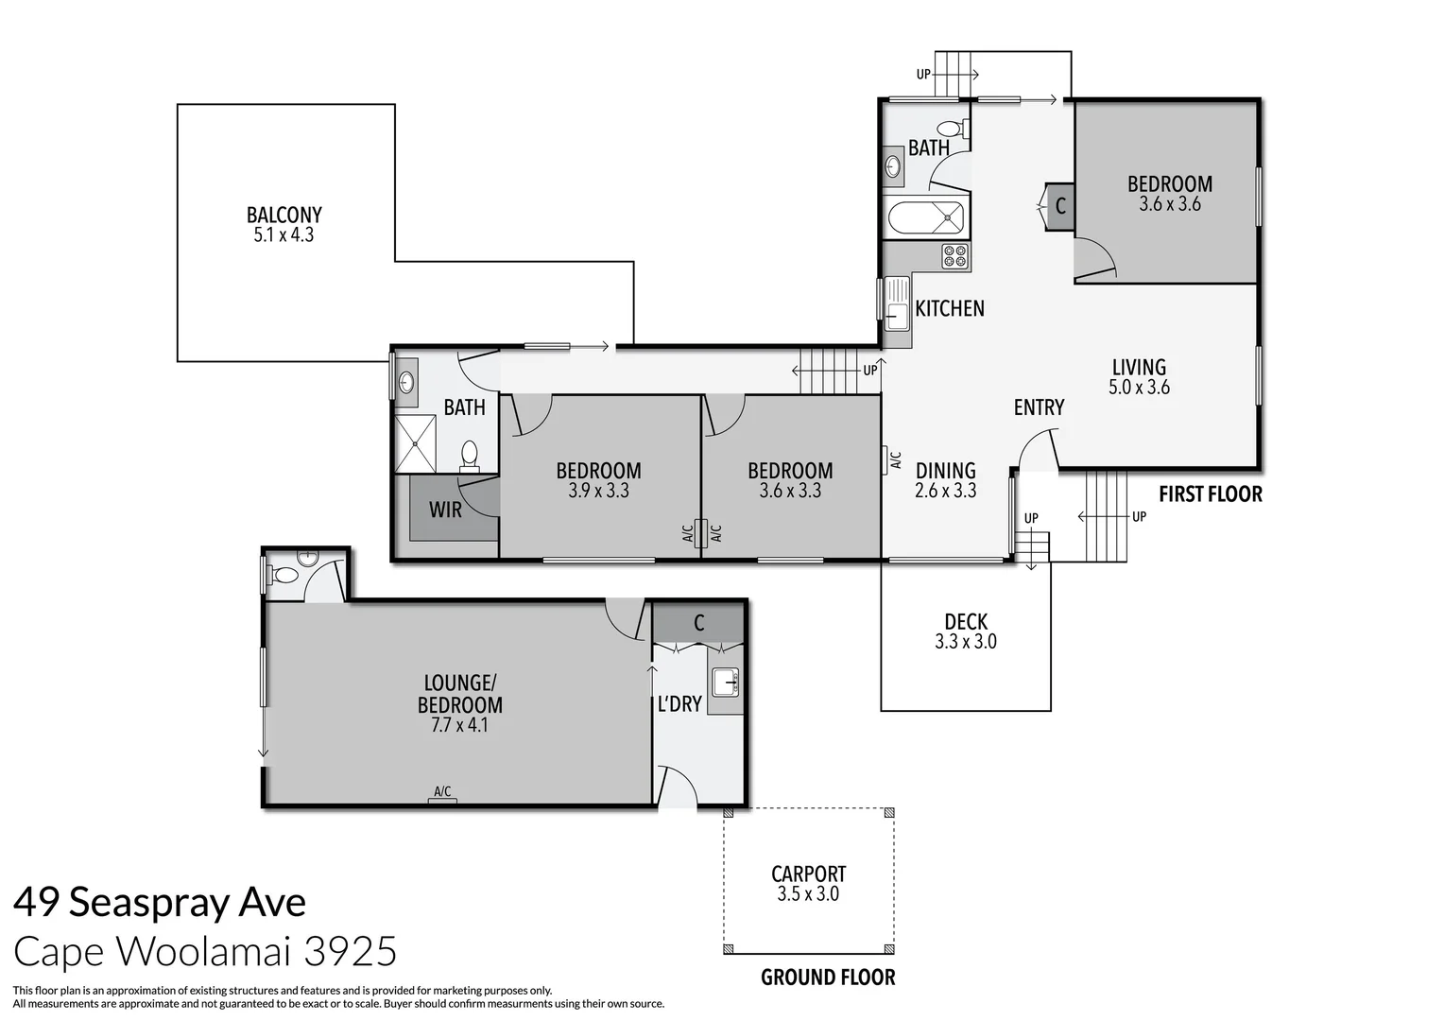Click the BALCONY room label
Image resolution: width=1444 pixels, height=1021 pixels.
tap(284, 216)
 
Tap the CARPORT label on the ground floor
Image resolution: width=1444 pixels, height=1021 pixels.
tap(808, 874)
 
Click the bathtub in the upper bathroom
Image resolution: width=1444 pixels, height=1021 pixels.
tap(926, 219)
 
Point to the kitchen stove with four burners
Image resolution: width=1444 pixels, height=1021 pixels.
tap(954, 256)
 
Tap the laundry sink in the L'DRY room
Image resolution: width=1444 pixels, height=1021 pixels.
tap(725, 681)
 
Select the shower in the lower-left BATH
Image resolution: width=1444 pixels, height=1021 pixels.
tap(414, 443)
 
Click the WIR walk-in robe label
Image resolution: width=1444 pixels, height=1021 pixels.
tap(445, 510)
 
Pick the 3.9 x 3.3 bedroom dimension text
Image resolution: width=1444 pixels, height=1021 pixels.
tap(598, 491)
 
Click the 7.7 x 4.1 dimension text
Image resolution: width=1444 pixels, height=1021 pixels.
tap(460, 726)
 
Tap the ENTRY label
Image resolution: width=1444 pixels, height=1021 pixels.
tap(1039, 407)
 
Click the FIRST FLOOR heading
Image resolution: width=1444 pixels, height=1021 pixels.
tap(1210, 494)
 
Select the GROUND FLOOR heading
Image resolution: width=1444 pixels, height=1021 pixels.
tap(828, 978)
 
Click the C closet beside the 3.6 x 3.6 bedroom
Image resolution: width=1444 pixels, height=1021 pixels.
tap(1059, 206)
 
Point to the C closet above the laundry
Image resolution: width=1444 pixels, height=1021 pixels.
tap(698, 623)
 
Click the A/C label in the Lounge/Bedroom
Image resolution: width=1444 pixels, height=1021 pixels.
tap(441, 792)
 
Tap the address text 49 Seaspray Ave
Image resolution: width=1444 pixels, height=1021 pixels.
tap(160, 903)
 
